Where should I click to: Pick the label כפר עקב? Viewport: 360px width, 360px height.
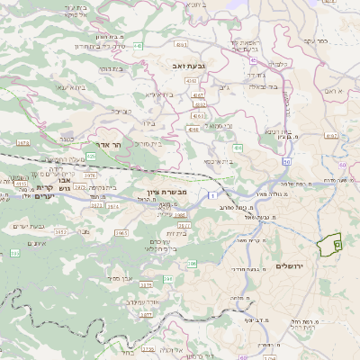(x=314, y=40)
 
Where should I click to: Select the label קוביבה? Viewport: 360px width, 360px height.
(x=122, y=112)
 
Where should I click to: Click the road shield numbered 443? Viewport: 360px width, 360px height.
(x=138, y=45)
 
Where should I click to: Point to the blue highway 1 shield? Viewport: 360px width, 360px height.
(x=211, y=195)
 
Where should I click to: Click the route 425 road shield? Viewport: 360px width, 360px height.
(x=90, y=156)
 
